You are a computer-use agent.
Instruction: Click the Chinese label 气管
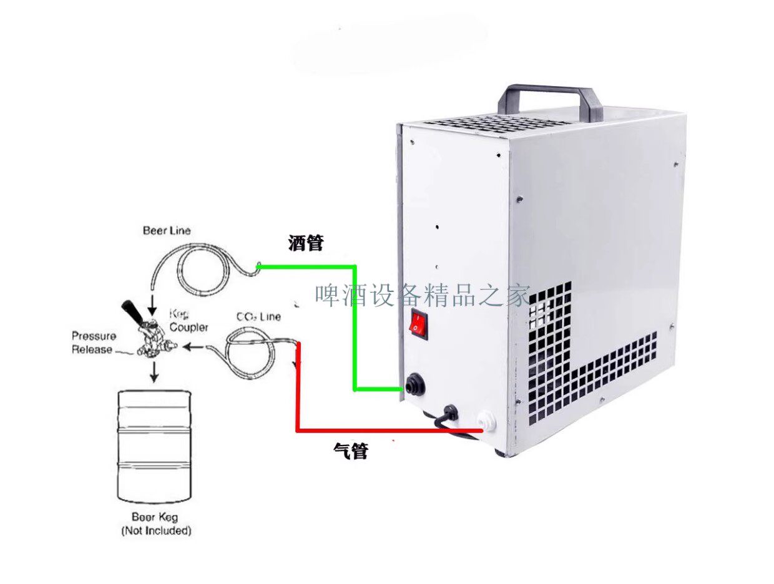[350, 450]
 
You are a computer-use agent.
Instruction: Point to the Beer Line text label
[167, 231]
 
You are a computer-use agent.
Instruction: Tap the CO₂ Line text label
[258, 316]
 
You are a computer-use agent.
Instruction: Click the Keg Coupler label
[188, 321]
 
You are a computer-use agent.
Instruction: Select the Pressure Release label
[93, 343]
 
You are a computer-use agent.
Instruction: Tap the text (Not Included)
[155, 531]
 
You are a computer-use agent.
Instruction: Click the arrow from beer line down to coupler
[153, 303]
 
